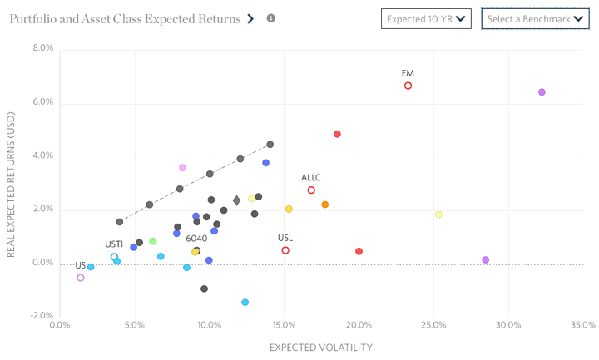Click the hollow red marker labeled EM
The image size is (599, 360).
coord(408,86)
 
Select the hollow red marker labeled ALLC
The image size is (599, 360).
coord(311,190)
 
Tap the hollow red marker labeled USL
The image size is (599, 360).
coord(285,250)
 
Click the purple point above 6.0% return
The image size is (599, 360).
coord(542,92)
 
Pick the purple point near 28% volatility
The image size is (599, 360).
coord(486,260)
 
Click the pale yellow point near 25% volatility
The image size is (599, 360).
coord(438,215)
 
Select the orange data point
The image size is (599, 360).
coord(324,205)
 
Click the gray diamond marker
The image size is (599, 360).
coord(236,200)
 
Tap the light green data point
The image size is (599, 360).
coord(153,242)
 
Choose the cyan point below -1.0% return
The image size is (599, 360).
coord(245,303)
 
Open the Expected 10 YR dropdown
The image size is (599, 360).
coord(427,18)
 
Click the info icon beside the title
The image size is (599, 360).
coord(270,17)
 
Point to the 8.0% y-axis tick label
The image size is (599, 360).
coord(42,48)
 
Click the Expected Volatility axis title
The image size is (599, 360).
coord(320,347)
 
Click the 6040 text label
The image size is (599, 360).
coord(196,239)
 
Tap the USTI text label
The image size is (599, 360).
coord(114,244)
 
